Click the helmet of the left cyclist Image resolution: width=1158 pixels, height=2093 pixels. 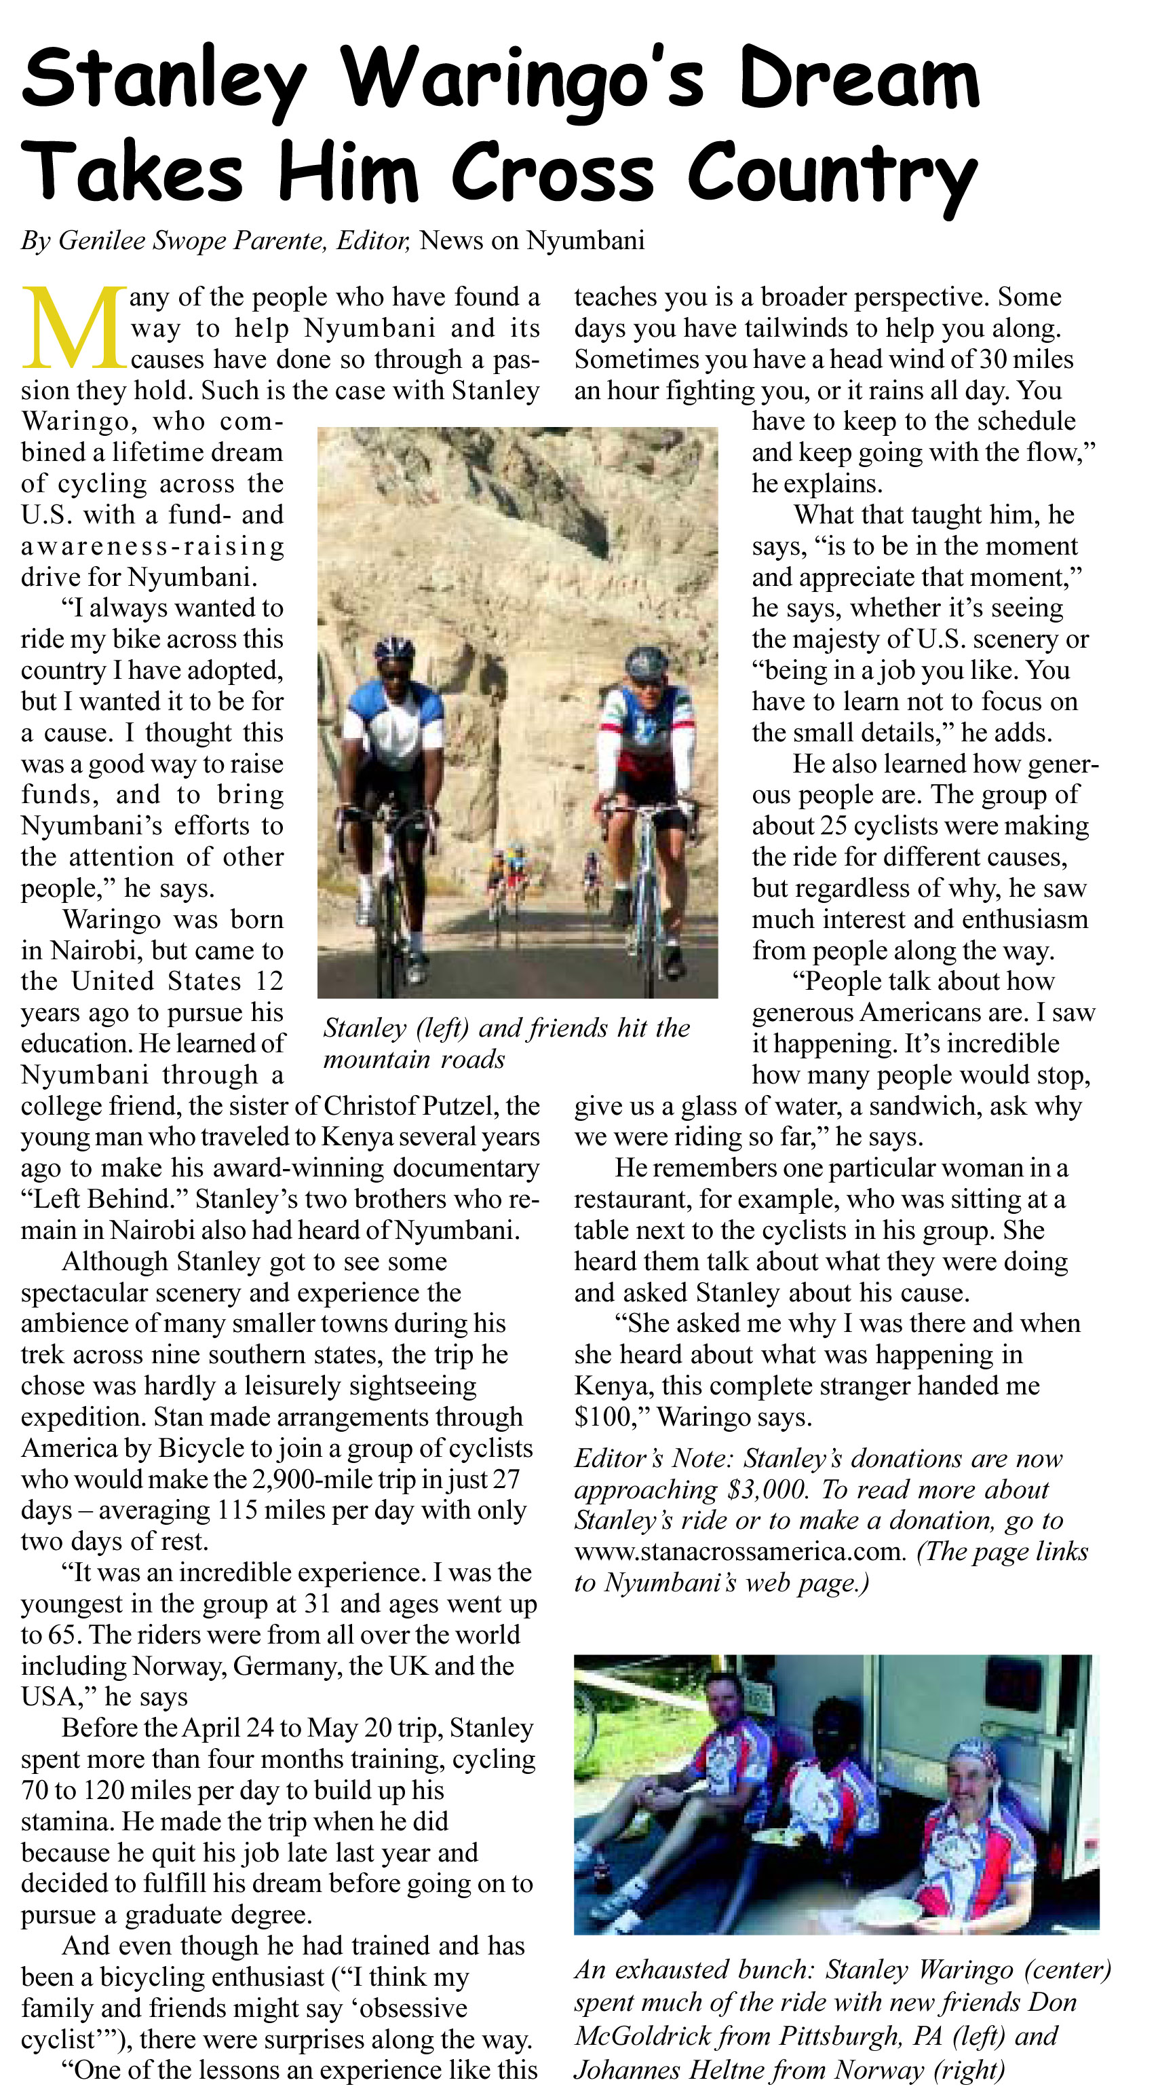click(x=395, y=649)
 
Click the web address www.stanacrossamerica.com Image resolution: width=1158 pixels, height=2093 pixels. click(x=738, y=1551)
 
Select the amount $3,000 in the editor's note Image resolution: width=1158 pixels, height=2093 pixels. click(x=767, y=1489)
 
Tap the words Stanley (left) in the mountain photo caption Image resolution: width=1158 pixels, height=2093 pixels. click(x=396, y=1028)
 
